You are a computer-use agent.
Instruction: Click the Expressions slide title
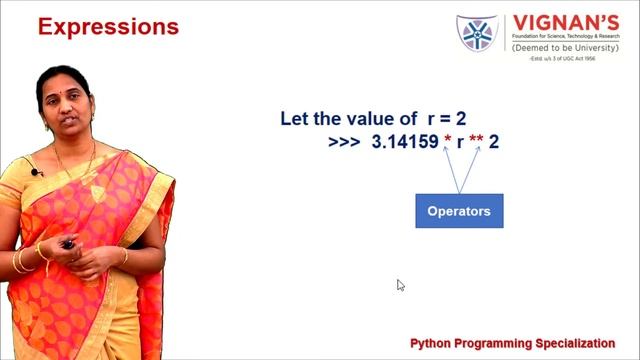(108, 26)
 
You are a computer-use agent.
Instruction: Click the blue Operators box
(459, 211)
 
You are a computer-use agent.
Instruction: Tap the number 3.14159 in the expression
(404, 143)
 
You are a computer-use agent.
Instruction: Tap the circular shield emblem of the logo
(477, 34)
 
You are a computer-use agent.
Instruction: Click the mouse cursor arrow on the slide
(400, 285)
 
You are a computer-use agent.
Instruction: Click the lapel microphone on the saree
(37, 173)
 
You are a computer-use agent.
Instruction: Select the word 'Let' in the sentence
(294, 119)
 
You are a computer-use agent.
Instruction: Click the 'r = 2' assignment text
(439, 119)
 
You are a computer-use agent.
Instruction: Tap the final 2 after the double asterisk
(494, 143)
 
